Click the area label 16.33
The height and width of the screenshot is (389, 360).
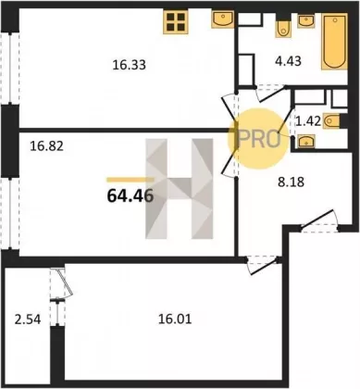(129, 65)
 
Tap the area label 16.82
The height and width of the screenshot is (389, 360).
(46, 145)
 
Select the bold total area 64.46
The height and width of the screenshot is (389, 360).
(130, 195)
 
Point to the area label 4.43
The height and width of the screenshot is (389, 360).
(288, 61)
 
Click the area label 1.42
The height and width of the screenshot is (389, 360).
(308, 121)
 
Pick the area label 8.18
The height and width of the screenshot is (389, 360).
(292, 182)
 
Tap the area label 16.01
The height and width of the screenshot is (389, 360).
(175, 319)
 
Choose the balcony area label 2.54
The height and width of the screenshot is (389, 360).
(28, 319)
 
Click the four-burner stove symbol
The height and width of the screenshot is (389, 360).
(176, 21)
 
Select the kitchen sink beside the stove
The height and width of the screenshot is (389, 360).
(223, 19)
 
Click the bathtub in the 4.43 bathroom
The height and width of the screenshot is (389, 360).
(334, 42)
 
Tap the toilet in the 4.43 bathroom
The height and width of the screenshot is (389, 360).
(283, 28)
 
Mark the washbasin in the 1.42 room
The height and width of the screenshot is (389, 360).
(305, 141)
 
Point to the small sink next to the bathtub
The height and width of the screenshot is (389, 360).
(305, 21)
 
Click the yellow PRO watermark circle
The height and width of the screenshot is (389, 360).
(258, 139)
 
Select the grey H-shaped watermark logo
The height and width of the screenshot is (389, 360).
(180, 189)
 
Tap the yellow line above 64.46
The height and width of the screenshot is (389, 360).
(130, 180)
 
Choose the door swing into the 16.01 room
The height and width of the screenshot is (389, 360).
(263, 263)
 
